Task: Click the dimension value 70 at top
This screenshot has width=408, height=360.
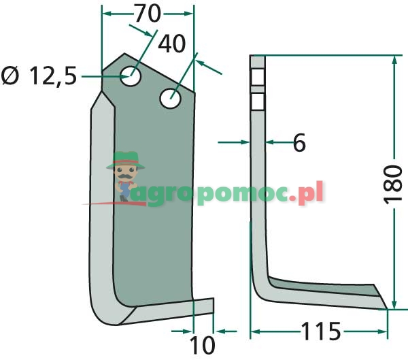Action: [148, 12]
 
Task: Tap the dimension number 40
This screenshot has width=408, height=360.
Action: [171, 44]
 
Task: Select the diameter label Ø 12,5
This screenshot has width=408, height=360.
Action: [39, 77]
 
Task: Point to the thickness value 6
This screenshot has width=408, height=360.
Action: [299, 143]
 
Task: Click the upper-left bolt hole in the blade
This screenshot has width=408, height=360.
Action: [132, 75]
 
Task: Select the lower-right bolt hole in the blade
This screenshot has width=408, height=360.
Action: [170, 98]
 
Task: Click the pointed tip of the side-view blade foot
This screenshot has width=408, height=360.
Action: [388, 308]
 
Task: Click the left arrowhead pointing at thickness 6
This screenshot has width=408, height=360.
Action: [245, 142]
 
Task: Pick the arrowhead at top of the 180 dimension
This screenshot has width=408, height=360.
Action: [393, 60]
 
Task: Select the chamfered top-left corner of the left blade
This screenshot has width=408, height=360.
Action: [111, 62]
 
